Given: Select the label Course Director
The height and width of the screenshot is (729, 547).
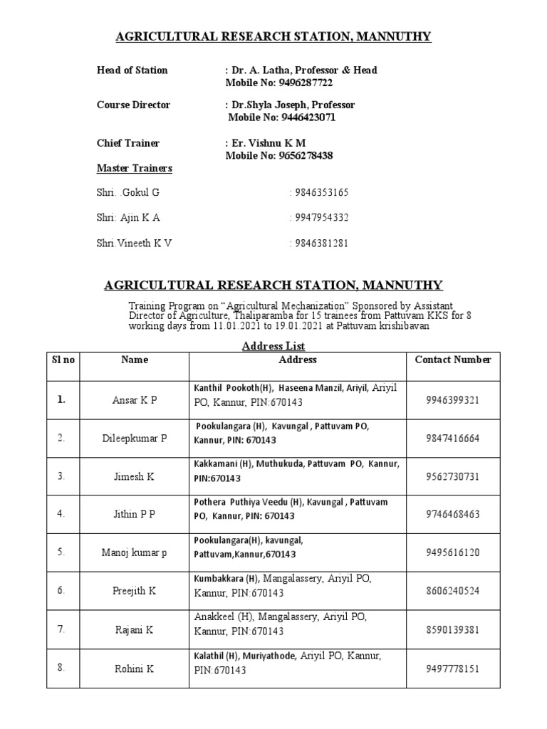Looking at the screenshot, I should coord(133,105).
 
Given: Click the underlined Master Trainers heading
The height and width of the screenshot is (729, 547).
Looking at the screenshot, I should coord(134,169).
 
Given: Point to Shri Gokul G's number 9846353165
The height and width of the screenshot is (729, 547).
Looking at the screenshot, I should coord(319,192).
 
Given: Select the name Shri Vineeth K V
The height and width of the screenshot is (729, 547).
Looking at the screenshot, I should coord(134,243).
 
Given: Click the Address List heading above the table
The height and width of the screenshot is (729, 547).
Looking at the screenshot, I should coord(273,346).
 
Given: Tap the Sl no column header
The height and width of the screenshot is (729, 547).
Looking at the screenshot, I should coord(63,360).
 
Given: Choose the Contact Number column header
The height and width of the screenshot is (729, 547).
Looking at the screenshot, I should coord(453,360).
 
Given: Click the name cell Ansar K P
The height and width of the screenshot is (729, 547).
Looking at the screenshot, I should coord(135,400).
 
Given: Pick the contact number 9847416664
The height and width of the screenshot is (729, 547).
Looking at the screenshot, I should coord(453,439).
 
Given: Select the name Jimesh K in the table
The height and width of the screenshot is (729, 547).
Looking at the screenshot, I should coord(135,477).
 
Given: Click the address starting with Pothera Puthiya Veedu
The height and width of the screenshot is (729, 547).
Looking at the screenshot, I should coord(291,508).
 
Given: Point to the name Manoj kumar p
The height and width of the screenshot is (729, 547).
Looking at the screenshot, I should coord(135,553).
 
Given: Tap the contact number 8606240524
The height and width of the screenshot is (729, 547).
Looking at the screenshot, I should coord(453,591).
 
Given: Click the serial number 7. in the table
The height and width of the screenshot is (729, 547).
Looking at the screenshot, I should coord(63,630).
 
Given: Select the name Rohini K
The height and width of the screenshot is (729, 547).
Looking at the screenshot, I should coord(135,668).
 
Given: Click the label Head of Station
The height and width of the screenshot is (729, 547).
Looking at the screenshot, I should coord(132,70).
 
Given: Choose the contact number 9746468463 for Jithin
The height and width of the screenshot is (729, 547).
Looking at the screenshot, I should coord(453,515).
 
